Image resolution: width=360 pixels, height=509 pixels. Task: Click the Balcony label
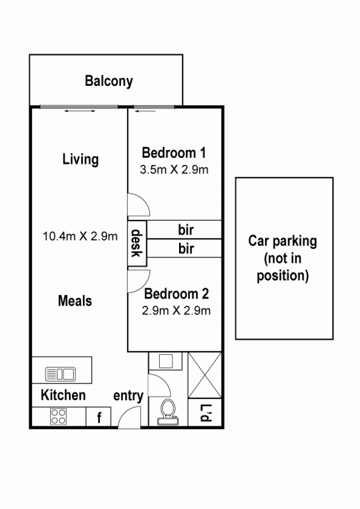tap(109, 81)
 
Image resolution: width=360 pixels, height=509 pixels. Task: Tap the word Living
tap(81, 159)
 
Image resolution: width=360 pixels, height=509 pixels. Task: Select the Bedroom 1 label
tap(174, 152)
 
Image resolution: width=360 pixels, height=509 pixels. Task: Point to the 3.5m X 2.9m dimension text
tap(174, 170)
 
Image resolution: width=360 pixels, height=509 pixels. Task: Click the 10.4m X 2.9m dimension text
tap(80, 236)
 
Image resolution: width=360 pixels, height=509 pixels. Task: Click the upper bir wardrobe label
tap(186, 230)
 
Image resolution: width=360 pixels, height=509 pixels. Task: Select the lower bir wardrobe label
tap(186, 249)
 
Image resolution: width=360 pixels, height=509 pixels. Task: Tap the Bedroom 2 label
tap(176, 294)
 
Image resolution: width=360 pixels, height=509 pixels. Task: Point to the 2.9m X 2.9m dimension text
tap(176, 311)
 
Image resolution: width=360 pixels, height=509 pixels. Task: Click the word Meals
tap(75, 301)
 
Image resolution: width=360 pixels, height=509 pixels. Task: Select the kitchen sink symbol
tap(60, 374)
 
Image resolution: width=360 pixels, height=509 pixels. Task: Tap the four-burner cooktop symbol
tap(58, 416)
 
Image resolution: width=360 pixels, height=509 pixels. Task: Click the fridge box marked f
tap(99, 417)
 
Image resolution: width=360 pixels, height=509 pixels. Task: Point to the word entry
tap(128, 396)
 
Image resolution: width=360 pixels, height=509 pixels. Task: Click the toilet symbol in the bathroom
tap(168, 411)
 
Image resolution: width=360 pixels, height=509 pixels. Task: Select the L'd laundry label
tap(205, 413)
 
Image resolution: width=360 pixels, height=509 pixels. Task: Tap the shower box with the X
tap(205, 375)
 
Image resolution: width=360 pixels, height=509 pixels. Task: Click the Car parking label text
tap(283, 259)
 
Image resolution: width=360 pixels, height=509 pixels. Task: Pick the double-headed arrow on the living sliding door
tap(80, 111)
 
